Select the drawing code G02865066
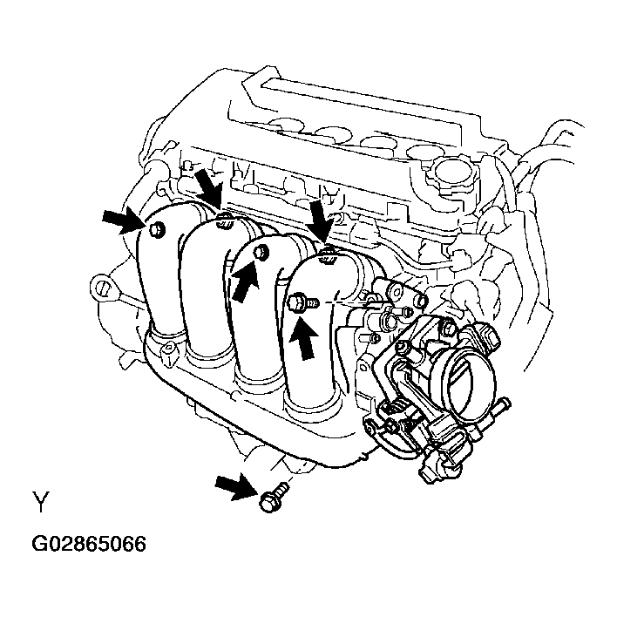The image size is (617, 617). click(88, 545)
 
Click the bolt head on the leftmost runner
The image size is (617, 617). click(157, 229)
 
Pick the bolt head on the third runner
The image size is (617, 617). click(260, 253)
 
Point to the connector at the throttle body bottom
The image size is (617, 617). click(436, 462)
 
